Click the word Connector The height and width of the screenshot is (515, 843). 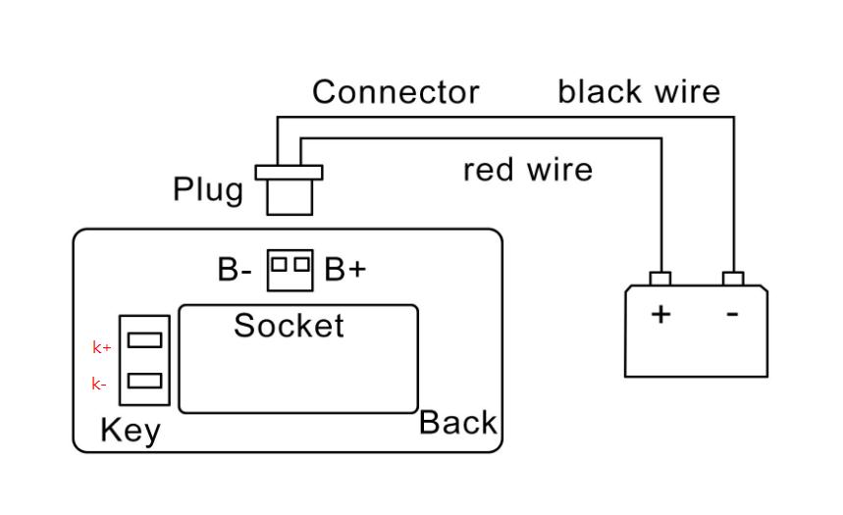click(395, 92)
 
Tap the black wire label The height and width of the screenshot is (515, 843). click(639, 92)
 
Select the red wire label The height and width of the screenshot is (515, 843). click(528, 170)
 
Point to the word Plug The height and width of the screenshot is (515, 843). click(208, 188)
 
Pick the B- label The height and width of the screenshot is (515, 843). click(235, 270)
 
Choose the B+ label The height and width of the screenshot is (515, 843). click(344, 270)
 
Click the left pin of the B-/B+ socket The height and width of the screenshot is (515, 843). click(280, 263)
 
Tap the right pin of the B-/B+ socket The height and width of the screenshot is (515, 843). click(300, 263)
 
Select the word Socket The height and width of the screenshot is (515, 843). click(289, 326)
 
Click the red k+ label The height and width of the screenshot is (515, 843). click(102, 347)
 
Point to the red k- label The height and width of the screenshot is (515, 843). click(100, 385)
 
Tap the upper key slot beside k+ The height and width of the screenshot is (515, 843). click(145, 339)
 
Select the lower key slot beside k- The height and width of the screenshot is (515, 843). click(145, 381)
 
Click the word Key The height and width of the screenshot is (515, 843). click(131, 431)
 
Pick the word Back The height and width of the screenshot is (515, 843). click(457, 423)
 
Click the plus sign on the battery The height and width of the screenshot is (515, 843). click(662, 315)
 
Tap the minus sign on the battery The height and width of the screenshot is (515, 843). click(732, 315)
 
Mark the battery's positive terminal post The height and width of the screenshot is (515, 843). click(660, 279)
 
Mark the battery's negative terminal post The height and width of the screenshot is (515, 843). click(733, 279)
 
